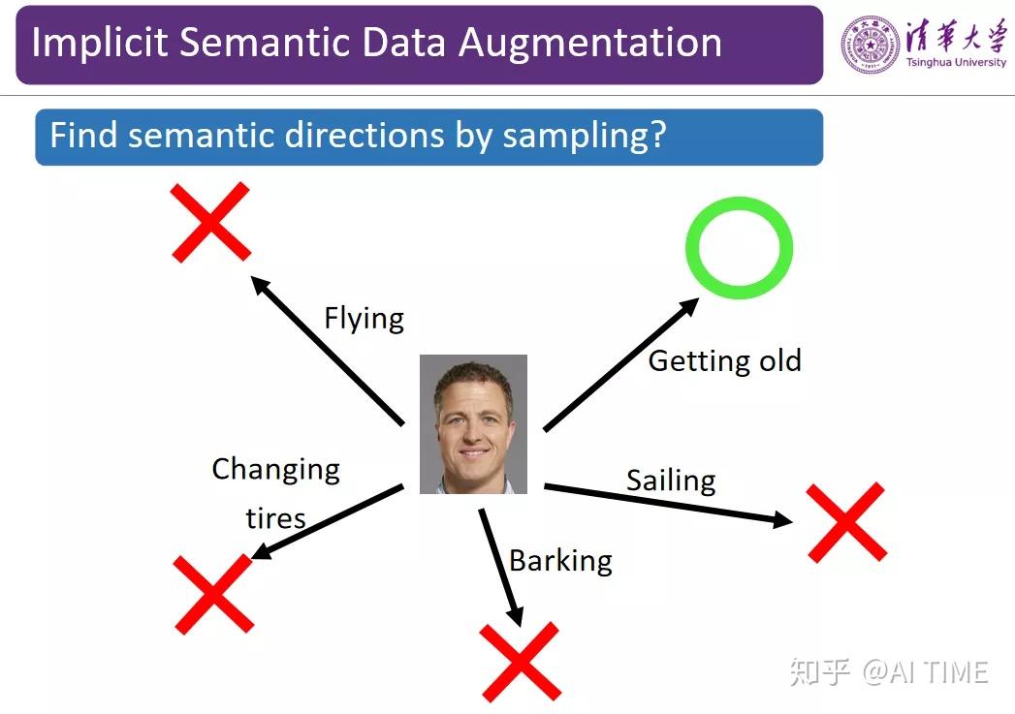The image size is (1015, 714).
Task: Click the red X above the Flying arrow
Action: (210, 222)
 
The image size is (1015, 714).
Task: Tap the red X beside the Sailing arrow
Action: (846, 522)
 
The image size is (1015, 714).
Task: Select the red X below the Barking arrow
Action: (520, 662)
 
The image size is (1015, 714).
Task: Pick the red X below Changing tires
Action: (213, 594)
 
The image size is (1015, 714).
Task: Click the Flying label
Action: (364, 319)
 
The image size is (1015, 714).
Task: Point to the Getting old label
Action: (725, 361)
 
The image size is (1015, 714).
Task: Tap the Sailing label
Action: (671, 481)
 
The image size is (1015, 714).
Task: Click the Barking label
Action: (560, 561)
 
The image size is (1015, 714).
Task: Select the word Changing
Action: (275, 470)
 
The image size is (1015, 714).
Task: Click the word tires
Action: (275, 518)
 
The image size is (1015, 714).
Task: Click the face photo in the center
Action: (473, 424)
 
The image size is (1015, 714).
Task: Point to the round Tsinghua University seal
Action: (870, 45)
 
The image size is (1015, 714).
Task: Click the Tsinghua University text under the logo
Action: (956, 63)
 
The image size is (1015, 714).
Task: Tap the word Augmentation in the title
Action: (589, 44)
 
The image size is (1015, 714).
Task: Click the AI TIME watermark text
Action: (925, 672)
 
